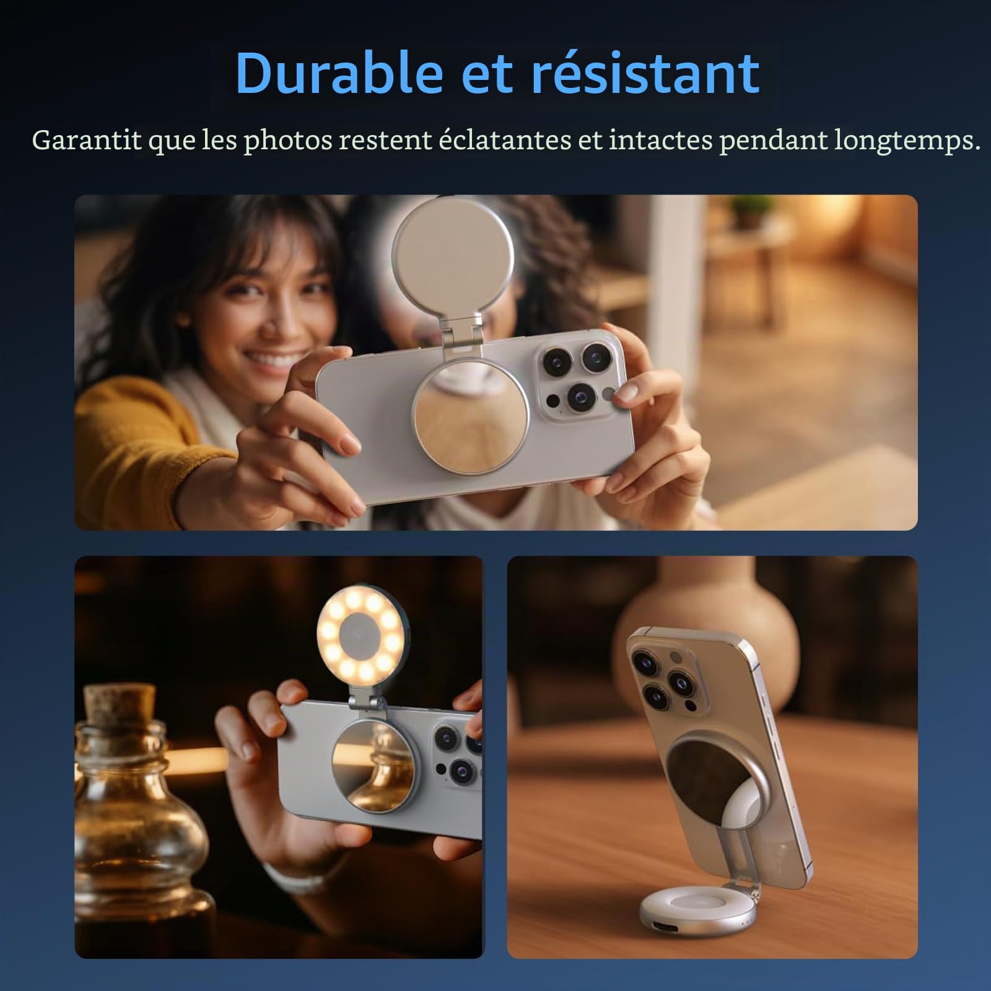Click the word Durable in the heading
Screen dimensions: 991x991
[x=339, y=72]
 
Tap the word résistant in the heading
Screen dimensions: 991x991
[x=645, y=72]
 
